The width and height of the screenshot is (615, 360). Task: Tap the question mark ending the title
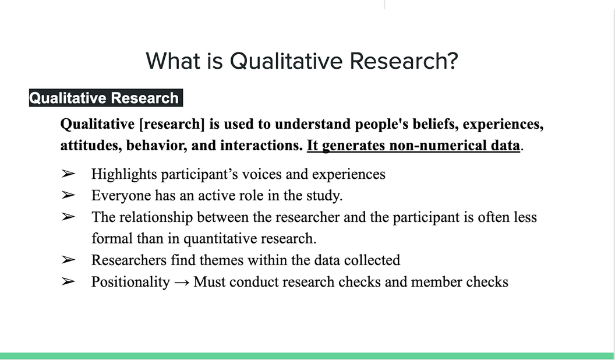(x=452, y=61)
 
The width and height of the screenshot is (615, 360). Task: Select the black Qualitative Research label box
(x=106, y=98)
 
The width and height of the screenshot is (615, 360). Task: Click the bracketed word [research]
(x=172, y=124)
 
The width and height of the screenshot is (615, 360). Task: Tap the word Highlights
(x=124, y=175)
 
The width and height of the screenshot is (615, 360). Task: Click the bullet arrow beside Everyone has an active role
(x=68, y=195)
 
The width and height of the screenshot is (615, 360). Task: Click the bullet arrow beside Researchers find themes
(x=68, y=260)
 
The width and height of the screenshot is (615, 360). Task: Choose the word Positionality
(x=130, y=282)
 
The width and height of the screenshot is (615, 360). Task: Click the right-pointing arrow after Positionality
(x=182, y=283)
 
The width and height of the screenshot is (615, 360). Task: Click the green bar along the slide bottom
(x=307, y=356)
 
